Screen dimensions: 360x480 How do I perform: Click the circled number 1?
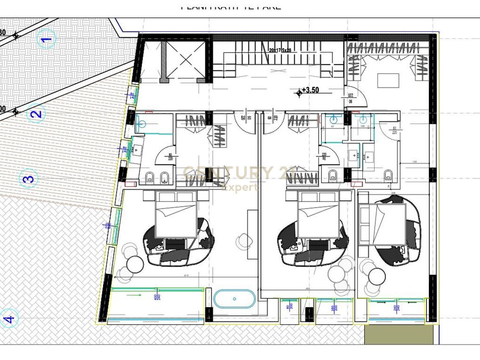pyautogui.click(x=46, y=39)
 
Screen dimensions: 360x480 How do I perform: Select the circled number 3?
pyautogui.click(x=28, y=178)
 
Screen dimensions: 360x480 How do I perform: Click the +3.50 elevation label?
pyautogui.click(x=310, y=91)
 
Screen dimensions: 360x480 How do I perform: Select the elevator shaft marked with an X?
pyautogui.click(x=186, y=60)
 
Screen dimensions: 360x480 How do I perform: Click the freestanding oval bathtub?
pyautogui.click(x=234, y=299)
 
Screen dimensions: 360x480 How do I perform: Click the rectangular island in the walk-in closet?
pyautogui.click(x=388, y=81)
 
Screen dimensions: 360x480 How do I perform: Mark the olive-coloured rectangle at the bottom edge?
pyautogui.click(x=398, y=334)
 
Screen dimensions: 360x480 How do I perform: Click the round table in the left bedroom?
pyautogui.click(x=135, y=264)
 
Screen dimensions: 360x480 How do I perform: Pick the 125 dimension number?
pyautogui.click(x=414, y=162)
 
